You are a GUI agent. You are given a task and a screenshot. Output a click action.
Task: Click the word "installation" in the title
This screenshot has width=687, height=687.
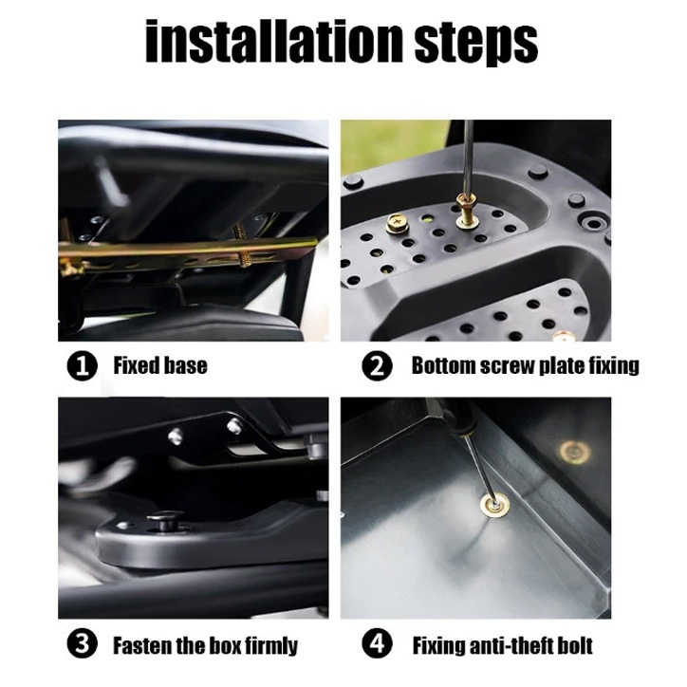point(274,41)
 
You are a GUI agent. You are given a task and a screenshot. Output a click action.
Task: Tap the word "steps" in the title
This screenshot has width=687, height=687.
point(475,44)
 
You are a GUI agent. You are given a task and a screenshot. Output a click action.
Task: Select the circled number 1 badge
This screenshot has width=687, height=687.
point(83,365)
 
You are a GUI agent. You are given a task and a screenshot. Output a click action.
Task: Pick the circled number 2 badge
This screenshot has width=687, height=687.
point(377,365)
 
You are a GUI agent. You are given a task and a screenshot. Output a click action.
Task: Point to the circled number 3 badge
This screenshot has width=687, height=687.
point(83,643)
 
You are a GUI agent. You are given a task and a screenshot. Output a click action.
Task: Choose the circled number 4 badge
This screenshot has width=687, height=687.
point(377,643)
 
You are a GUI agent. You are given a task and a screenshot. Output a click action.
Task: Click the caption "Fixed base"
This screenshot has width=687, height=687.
point(160,365)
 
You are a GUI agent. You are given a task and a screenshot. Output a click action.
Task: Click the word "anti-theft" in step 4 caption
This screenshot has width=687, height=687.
point(504,646)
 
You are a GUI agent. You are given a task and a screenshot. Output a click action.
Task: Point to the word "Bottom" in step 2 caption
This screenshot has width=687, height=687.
point(444,365)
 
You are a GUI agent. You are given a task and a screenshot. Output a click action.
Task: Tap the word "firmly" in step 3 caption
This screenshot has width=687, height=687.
point(271,646)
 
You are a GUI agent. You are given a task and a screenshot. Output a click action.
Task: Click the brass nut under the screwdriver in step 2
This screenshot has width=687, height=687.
point(466,204)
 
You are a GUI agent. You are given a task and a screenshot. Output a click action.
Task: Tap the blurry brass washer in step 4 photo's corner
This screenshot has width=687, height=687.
point(574,452)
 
